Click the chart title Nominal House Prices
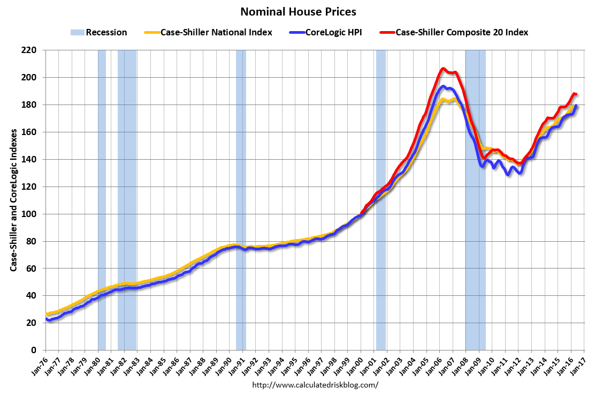[298, 11]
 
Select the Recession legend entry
[98, 32]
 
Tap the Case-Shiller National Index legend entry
[208, 32]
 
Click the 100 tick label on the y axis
[34, 214]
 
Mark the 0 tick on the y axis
[37, 350]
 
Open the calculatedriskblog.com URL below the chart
[315, 385]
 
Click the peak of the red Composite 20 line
[443, 69]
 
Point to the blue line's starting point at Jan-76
[47, 319]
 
